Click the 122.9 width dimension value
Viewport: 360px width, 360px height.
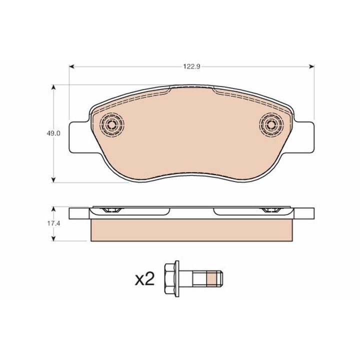point(191,67)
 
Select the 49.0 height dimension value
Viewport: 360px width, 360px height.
point(53,133)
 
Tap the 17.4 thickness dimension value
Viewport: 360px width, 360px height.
point(53,223)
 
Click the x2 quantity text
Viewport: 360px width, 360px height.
point(144,278)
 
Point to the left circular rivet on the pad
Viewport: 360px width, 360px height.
point(112,125)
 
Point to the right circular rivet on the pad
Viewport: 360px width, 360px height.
point(271,125)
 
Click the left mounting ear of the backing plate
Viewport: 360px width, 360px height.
point(79,137)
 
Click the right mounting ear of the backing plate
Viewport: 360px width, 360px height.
point(304,137)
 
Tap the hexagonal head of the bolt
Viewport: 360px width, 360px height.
point(170,278)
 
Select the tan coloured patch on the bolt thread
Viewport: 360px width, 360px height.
point(211,278)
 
